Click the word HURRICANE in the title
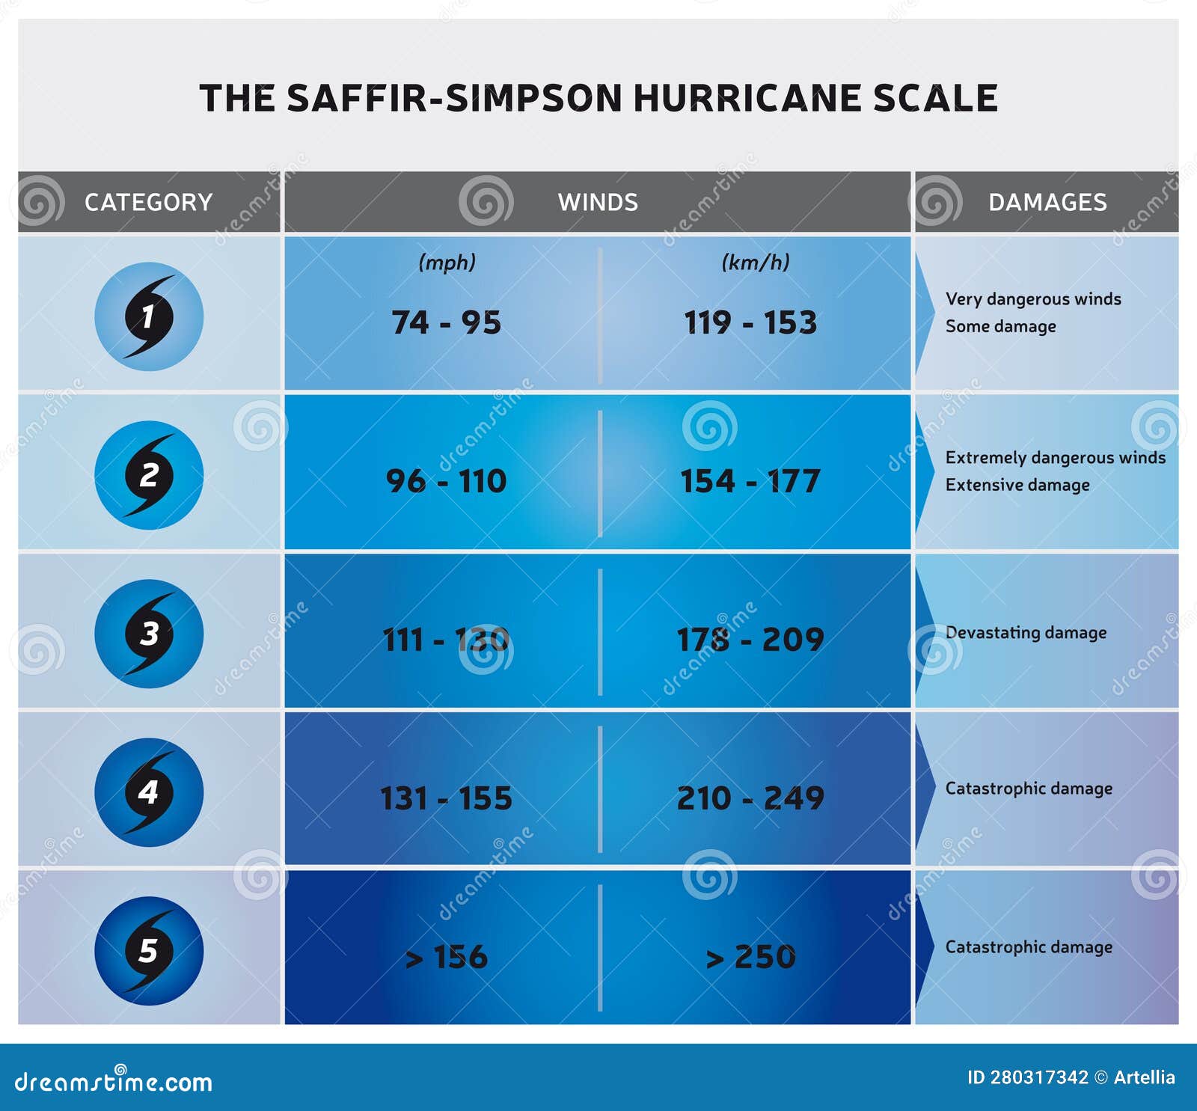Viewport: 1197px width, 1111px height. click(747, 99)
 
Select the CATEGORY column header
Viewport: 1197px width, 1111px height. click(148, 202)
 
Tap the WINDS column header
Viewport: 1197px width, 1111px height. click(598, 202)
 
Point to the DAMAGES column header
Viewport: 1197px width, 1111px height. click(1047, 202)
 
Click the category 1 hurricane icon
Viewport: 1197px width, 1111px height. click(149, 316)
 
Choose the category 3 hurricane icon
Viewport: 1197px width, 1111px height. click(149, 634)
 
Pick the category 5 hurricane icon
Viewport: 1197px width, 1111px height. click(149, 951)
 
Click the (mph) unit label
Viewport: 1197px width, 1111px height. click(447, 263)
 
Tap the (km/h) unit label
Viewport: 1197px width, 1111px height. click(755, 263)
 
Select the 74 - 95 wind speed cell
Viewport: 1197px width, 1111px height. click(446, 322)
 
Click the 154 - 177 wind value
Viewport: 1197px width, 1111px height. click(750, 481)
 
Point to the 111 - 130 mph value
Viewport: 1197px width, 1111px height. click(446, 640)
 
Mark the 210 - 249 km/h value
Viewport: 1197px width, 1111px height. click(750, 798)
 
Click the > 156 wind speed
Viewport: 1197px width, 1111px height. click(446, 957)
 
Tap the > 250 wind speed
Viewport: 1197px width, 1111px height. click(750, 957)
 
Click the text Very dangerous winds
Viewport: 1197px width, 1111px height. click(1033, 299)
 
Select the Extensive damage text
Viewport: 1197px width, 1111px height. click(1017, 485)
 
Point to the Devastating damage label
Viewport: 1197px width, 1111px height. click(1026, 633)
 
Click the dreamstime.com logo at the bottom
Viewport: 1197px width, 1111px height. click(114, 1081)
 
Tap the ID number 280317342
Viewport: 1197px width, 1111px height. click(1039, 1077)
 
